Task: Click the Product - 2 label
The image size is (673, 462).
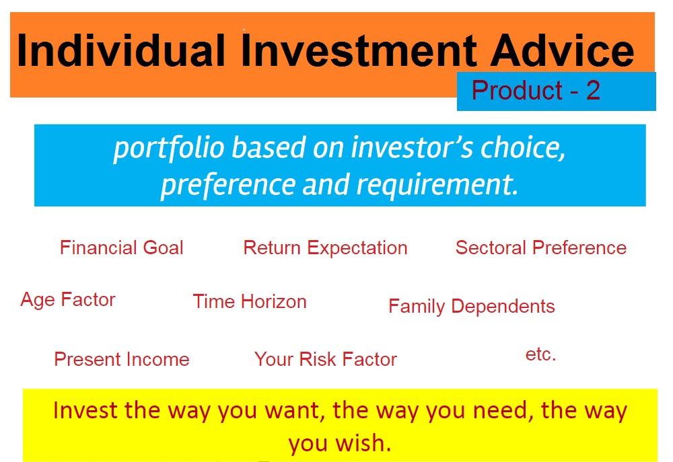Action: point(536,91)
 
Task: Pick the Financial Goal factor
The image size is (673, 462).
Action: point(122,248)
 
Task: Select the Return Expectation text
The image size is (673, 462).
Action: point(325,248)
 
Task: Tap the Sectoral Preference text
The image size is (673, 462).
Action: point(540,248)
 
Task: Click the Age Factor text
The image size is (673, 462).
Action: point(68,300)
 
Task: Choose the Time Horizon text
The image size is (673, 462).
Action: point(250,302)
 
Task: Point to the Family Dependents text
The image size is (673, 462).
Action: point(471,307)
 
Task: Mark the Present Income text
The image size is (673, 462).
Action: point(122,360)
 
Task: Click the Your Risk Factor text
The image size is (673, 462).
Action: point(325,360)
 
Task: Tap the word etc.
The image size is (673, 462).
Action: point(540,355)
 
